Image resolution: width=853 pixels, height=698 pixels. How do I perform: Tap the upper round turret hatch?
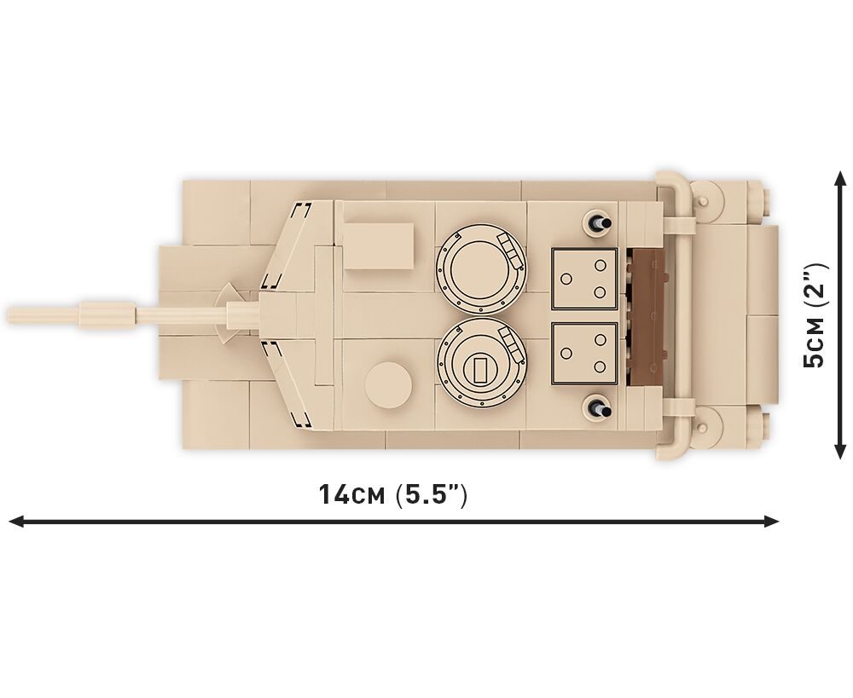481,269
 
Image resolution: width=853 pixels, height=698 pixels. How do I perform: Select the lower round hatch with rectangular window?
481,363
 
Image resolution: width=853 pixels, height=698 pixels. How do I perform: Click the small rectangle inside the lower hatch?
479,370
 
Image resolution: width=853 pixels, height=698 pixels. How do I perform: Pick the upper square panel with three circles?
585,279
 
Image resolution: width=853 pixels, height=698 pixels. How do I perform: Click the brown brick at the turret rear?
647,318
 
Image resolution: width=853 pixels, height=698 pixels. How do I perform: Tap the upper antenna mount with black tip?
597,223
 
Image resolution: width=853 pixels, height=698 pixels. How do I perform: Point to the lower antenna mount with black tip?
597,407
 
